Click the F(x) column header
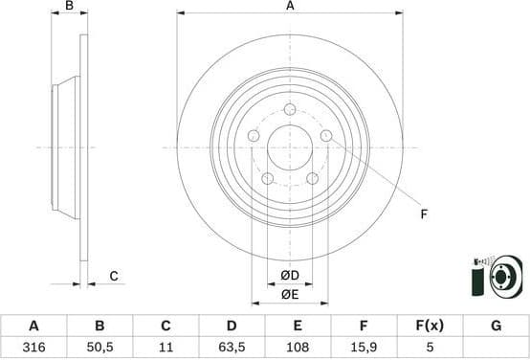430,326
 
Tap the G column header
496,326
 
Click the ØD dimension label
290,277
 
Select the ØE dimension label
290,295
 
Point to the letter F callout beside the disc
424,214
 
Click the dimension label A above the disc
290,7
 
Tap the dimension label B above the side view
68,7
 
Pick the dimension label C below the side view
113,277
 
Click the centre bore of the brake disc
289,146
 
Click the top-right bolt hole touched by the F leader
325,136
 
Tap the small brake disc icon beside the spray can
503,280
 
